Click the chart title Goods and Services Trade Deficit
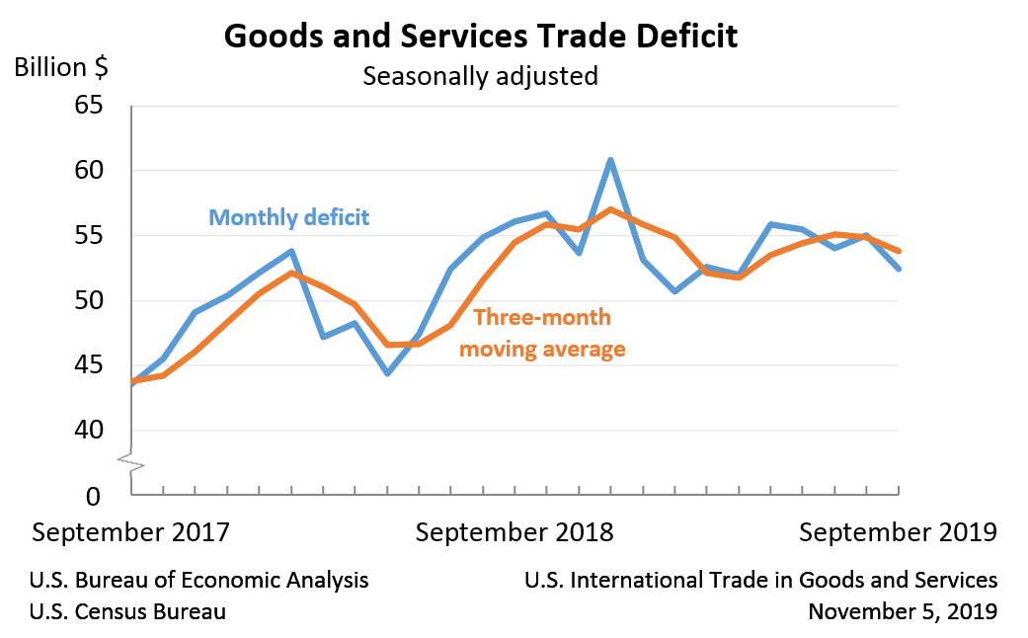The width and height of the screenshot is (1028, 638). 480,36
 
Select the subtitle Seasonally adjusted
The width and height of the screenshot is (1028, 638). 480,76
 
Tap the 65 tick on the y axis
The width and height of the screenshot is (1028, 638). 89,105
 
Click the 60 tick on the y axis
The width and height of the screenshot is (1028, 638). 89,170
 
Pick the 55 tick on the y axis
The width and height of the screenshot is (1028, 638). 89,235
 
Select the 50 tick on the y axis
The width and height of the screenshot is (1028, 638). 89,300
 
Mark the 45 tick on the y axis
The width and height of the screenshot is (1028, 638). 89,365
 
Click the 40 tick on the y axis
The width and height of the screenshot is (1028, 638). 89,431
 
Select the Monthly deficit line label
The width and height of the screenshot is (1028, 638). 288,216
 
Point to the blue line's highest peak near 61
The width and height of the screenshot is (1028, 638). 611,160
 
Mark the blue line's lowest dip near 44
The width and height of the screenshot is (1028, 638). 387,373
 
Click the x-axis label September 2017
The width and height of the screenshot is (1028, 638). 131,532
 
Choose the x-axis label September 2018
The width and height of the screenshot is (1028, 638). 514,532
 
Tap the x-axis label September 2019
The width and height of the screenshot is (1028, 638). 898,532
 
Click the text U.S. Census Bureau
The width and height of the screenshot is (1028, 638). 127,611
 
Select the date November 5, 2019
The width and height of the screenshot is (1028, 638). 902,611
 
